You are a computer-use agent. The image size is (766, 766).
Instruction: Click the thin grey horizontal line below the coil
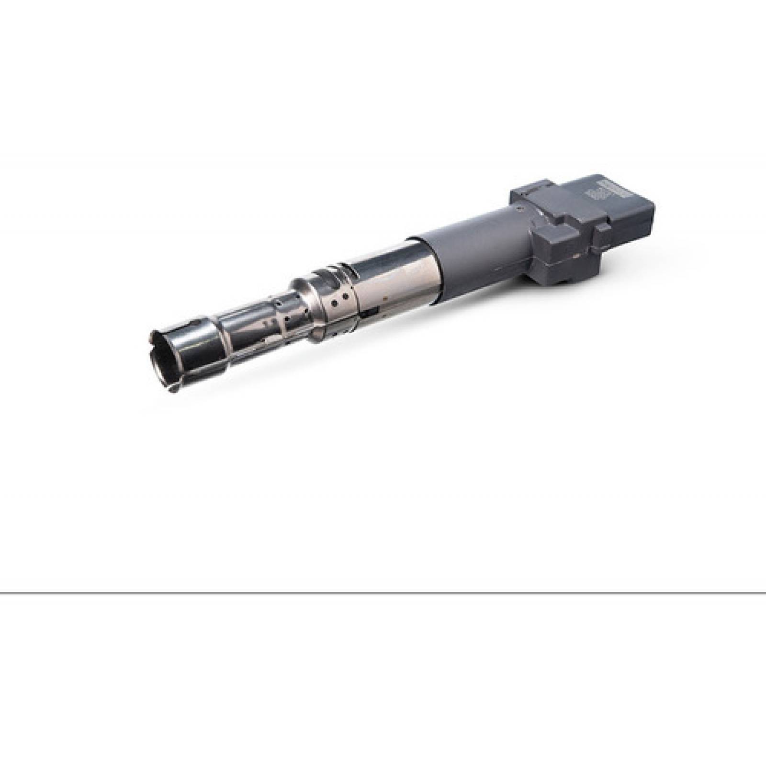pos(383,593)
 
